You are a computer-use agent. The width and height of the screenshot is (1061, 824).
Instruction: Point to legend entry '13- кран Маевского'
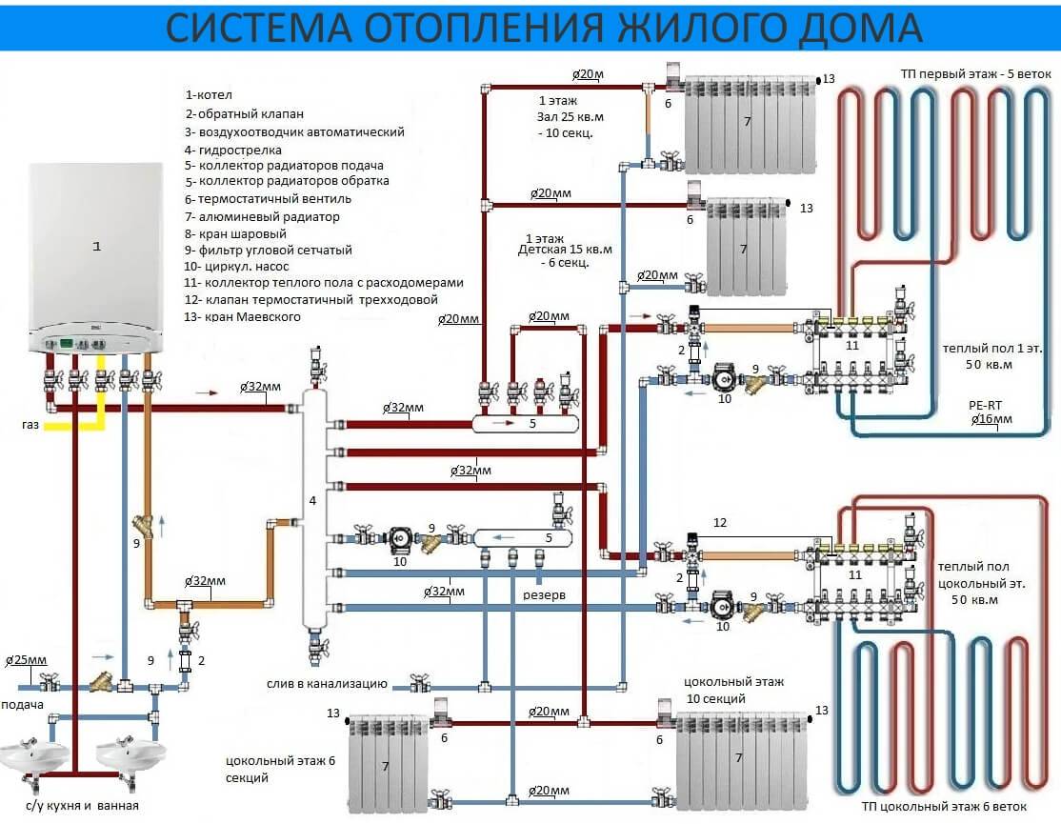(244, 316)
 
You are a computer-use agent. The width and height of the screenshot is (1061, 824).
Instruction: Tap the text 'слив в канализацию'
(327, 684)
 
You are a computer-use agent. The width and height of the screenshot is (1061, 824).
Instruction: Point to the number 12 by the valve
(719, 522)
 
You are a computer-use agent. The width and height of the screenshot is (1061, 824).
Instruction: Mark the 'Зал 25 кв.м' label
(571, 116)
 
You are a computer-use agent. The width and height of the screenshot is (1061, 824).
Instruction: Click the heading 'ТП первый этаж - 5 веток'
(975, 74)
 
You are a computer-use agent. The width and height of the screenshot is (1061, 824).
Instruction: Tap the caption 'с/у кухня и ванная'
(84, 806)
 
